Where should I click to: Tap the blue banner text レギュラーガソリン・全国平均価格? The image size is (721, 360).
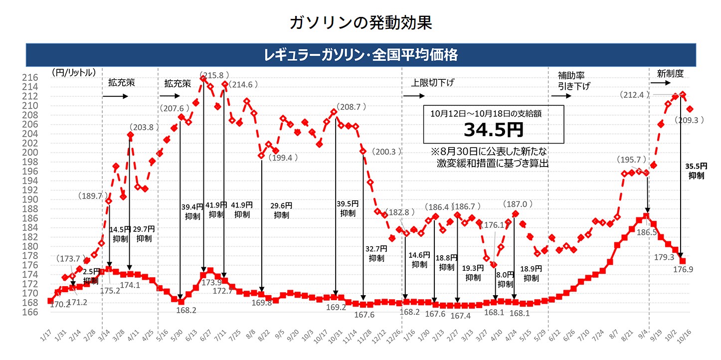tap(360, 54)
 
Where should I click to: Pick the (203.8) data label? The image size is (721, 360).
tap(145, 127)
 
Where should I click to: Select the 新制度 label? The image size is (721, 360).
tap(670, 73)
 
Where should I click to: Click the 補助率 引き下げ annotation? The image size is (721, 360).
tap(573, 81)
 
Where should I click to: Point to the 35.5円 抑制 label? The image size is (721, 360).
tap(697, 170)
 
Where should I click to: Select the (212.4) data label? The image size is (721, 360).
tap(635, 94)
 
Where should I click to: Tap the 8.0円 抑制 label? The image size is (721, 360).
tap(505, 279)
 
